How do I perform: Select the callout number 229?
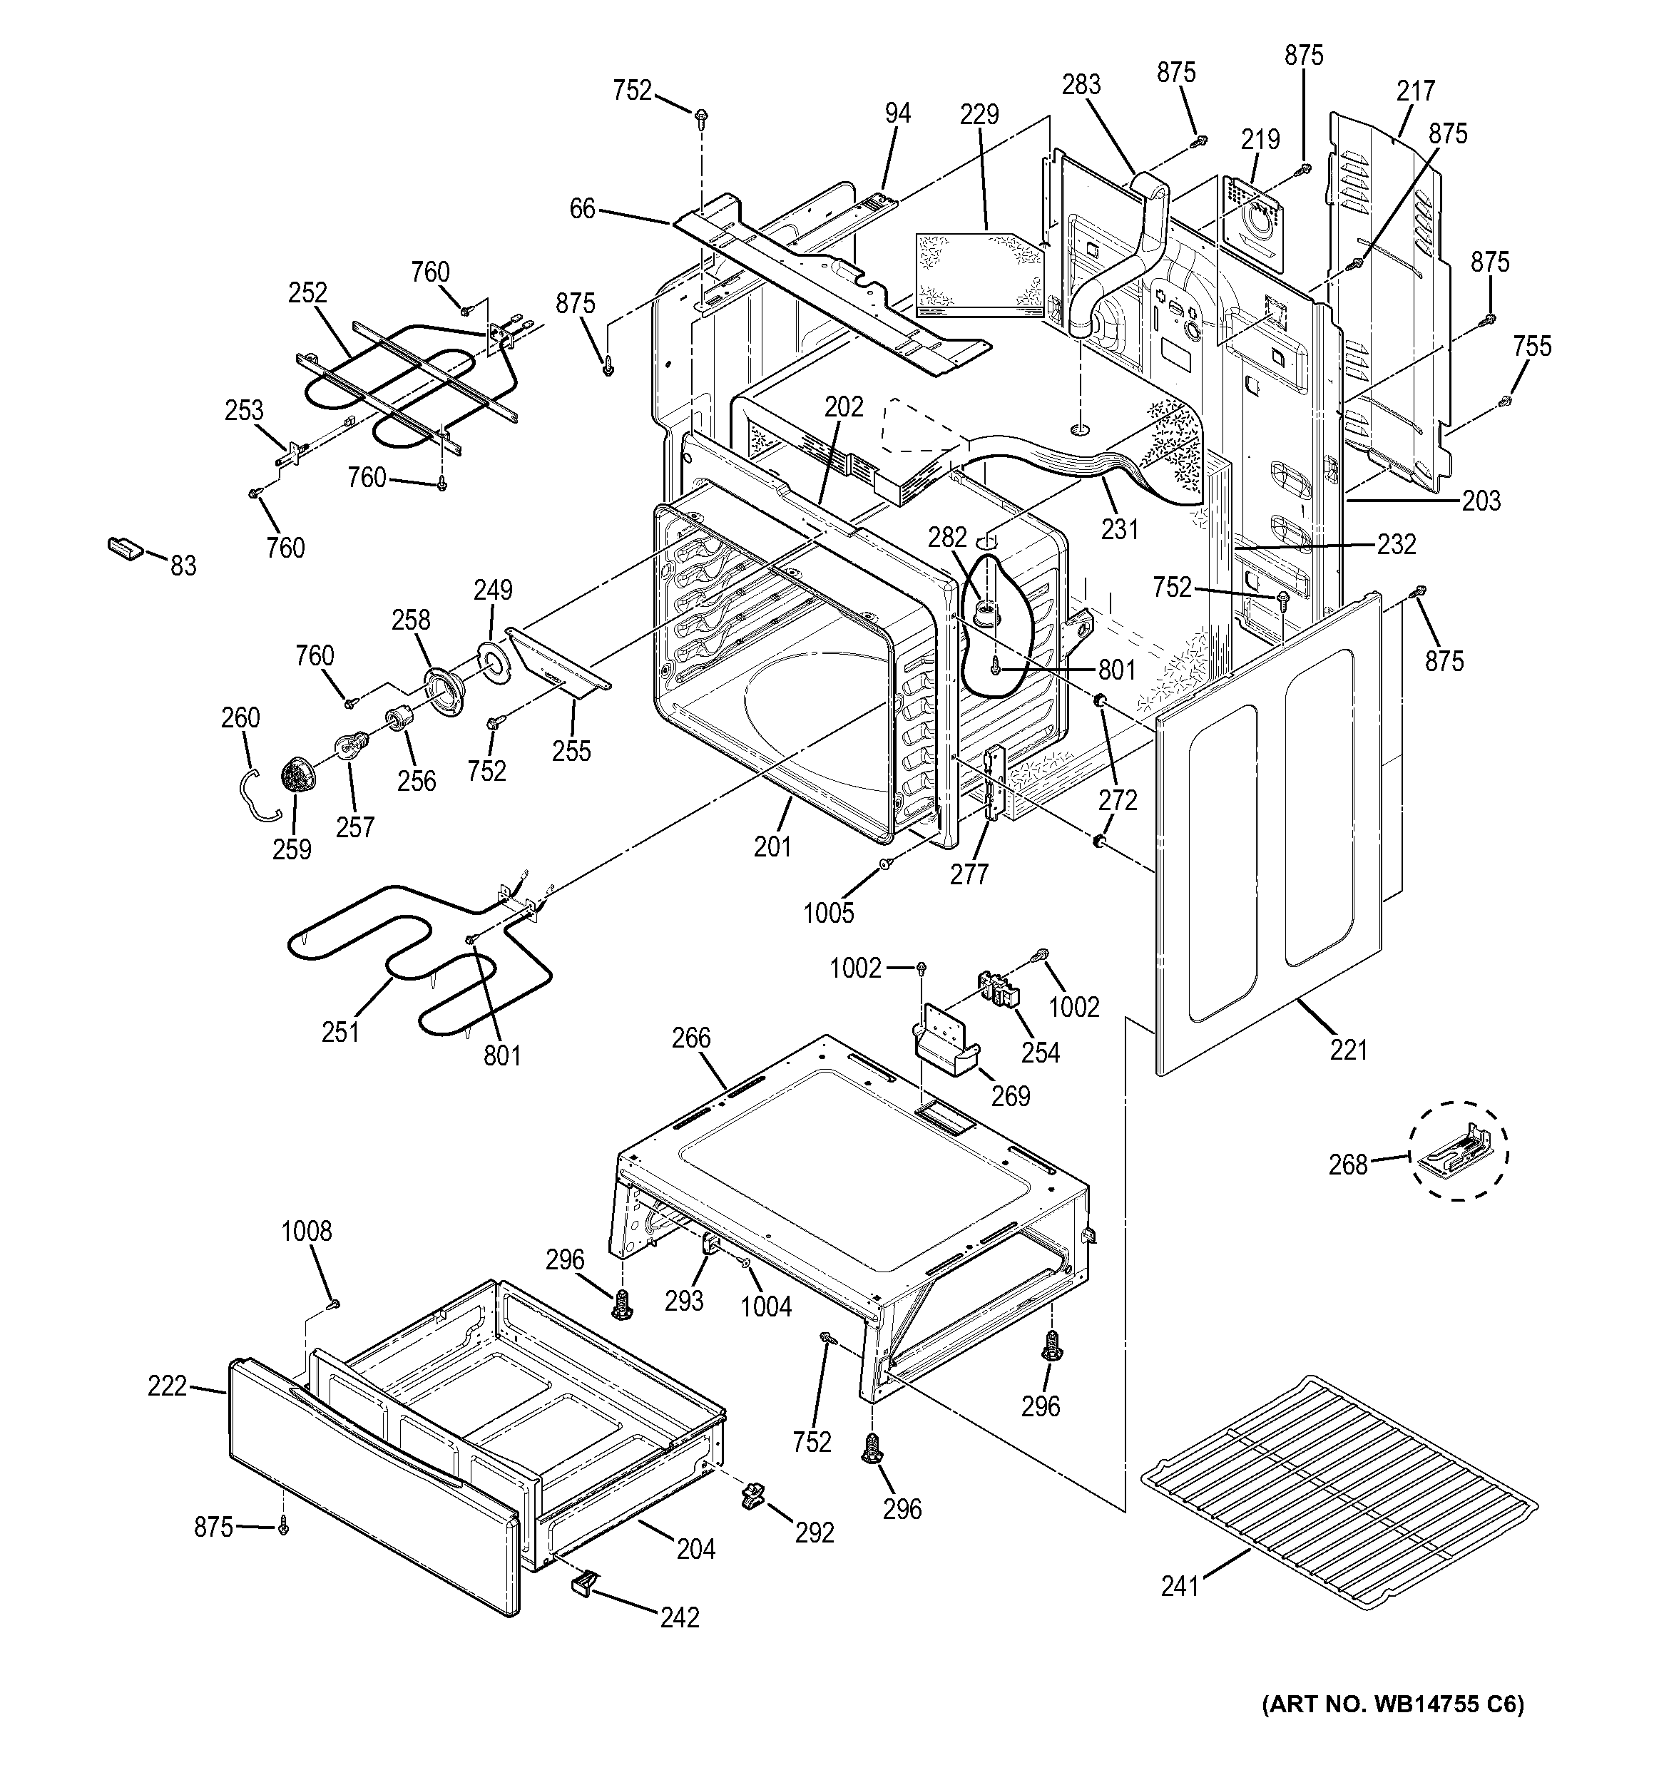point(979,115)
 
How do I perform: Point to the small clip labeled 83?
point(123,548)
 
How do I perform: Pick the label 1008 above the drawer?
point(307,1232)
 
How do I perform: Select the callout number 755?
point(1532,347)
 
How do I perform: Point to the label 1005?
point(828,912)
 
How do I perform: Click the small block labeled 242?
point(583,1583)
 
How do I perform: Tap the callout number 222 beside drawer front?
point(167,1385)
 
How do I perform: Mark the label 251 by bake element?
point(340,1032)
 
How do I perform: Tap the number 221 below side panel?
point(1348,1050)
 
